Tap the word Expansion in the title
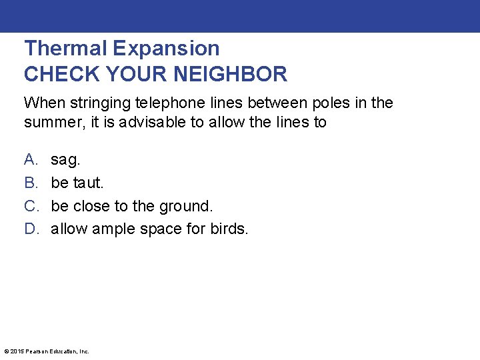[x=166, y=49]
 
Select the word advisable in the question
[x=143, y=123]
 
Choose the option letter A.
[x=31, y=159]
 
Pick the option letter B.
[x=31, y=183]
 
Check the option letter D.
[x=31, y=229]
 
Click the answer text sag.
[x=65, y=160]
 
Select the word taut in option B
[x=87, y=183]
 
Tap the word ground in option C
[x=187, y=206]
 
